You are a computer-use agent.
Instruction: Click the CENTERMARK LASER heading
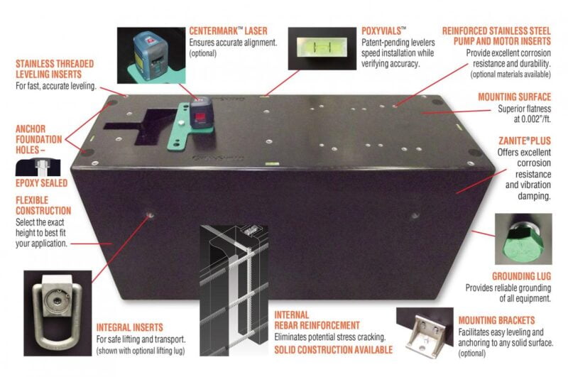click(x=228, y=31)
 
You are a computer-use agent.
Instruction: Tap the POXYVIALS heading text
click(x=384, y=31)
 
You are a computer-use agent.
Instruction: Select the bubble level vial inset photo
click(x=322, y=48)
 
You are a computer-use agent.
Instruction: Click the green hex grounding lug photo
click(x=523, y=239)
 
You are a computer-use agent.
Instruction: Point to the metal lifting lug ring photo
click(x=58, y=313)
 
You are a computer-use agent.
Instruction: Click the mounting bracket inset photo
click(x=425, y=332)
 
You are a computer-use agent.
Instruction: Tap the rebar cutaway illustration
click(x=234, y=290)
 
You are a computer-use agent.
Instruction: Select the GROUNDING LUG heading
click(x=521, y=276)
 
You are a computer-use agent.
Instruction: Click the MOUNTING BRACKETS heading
click(x=496, y=320)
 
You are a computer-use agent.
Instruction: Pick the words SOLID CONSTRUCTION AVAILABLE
click(x=333, y=350)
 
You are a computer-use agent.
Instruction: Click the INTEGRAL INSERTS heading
click(x=130, y=327)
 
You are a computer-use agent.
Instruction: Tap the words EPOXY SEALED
click(x=41, y=183)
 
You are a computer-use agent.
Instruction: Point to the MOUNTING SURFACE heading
click(x=514, y=97)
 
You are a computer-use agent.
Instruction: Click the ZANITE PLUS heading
click(x=525, y=141)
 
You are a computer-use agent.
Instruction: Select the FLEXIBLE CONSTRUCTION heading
click(x=43, y=205)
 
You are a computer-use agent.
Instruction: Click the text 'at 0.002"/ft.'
click(x=532, y=119)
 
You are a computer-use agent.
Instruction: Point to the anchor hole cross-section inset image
click(x=38, y=168)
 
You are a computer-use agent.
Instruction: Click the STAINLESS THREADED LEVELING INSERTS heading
click(x=55, y=69)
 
